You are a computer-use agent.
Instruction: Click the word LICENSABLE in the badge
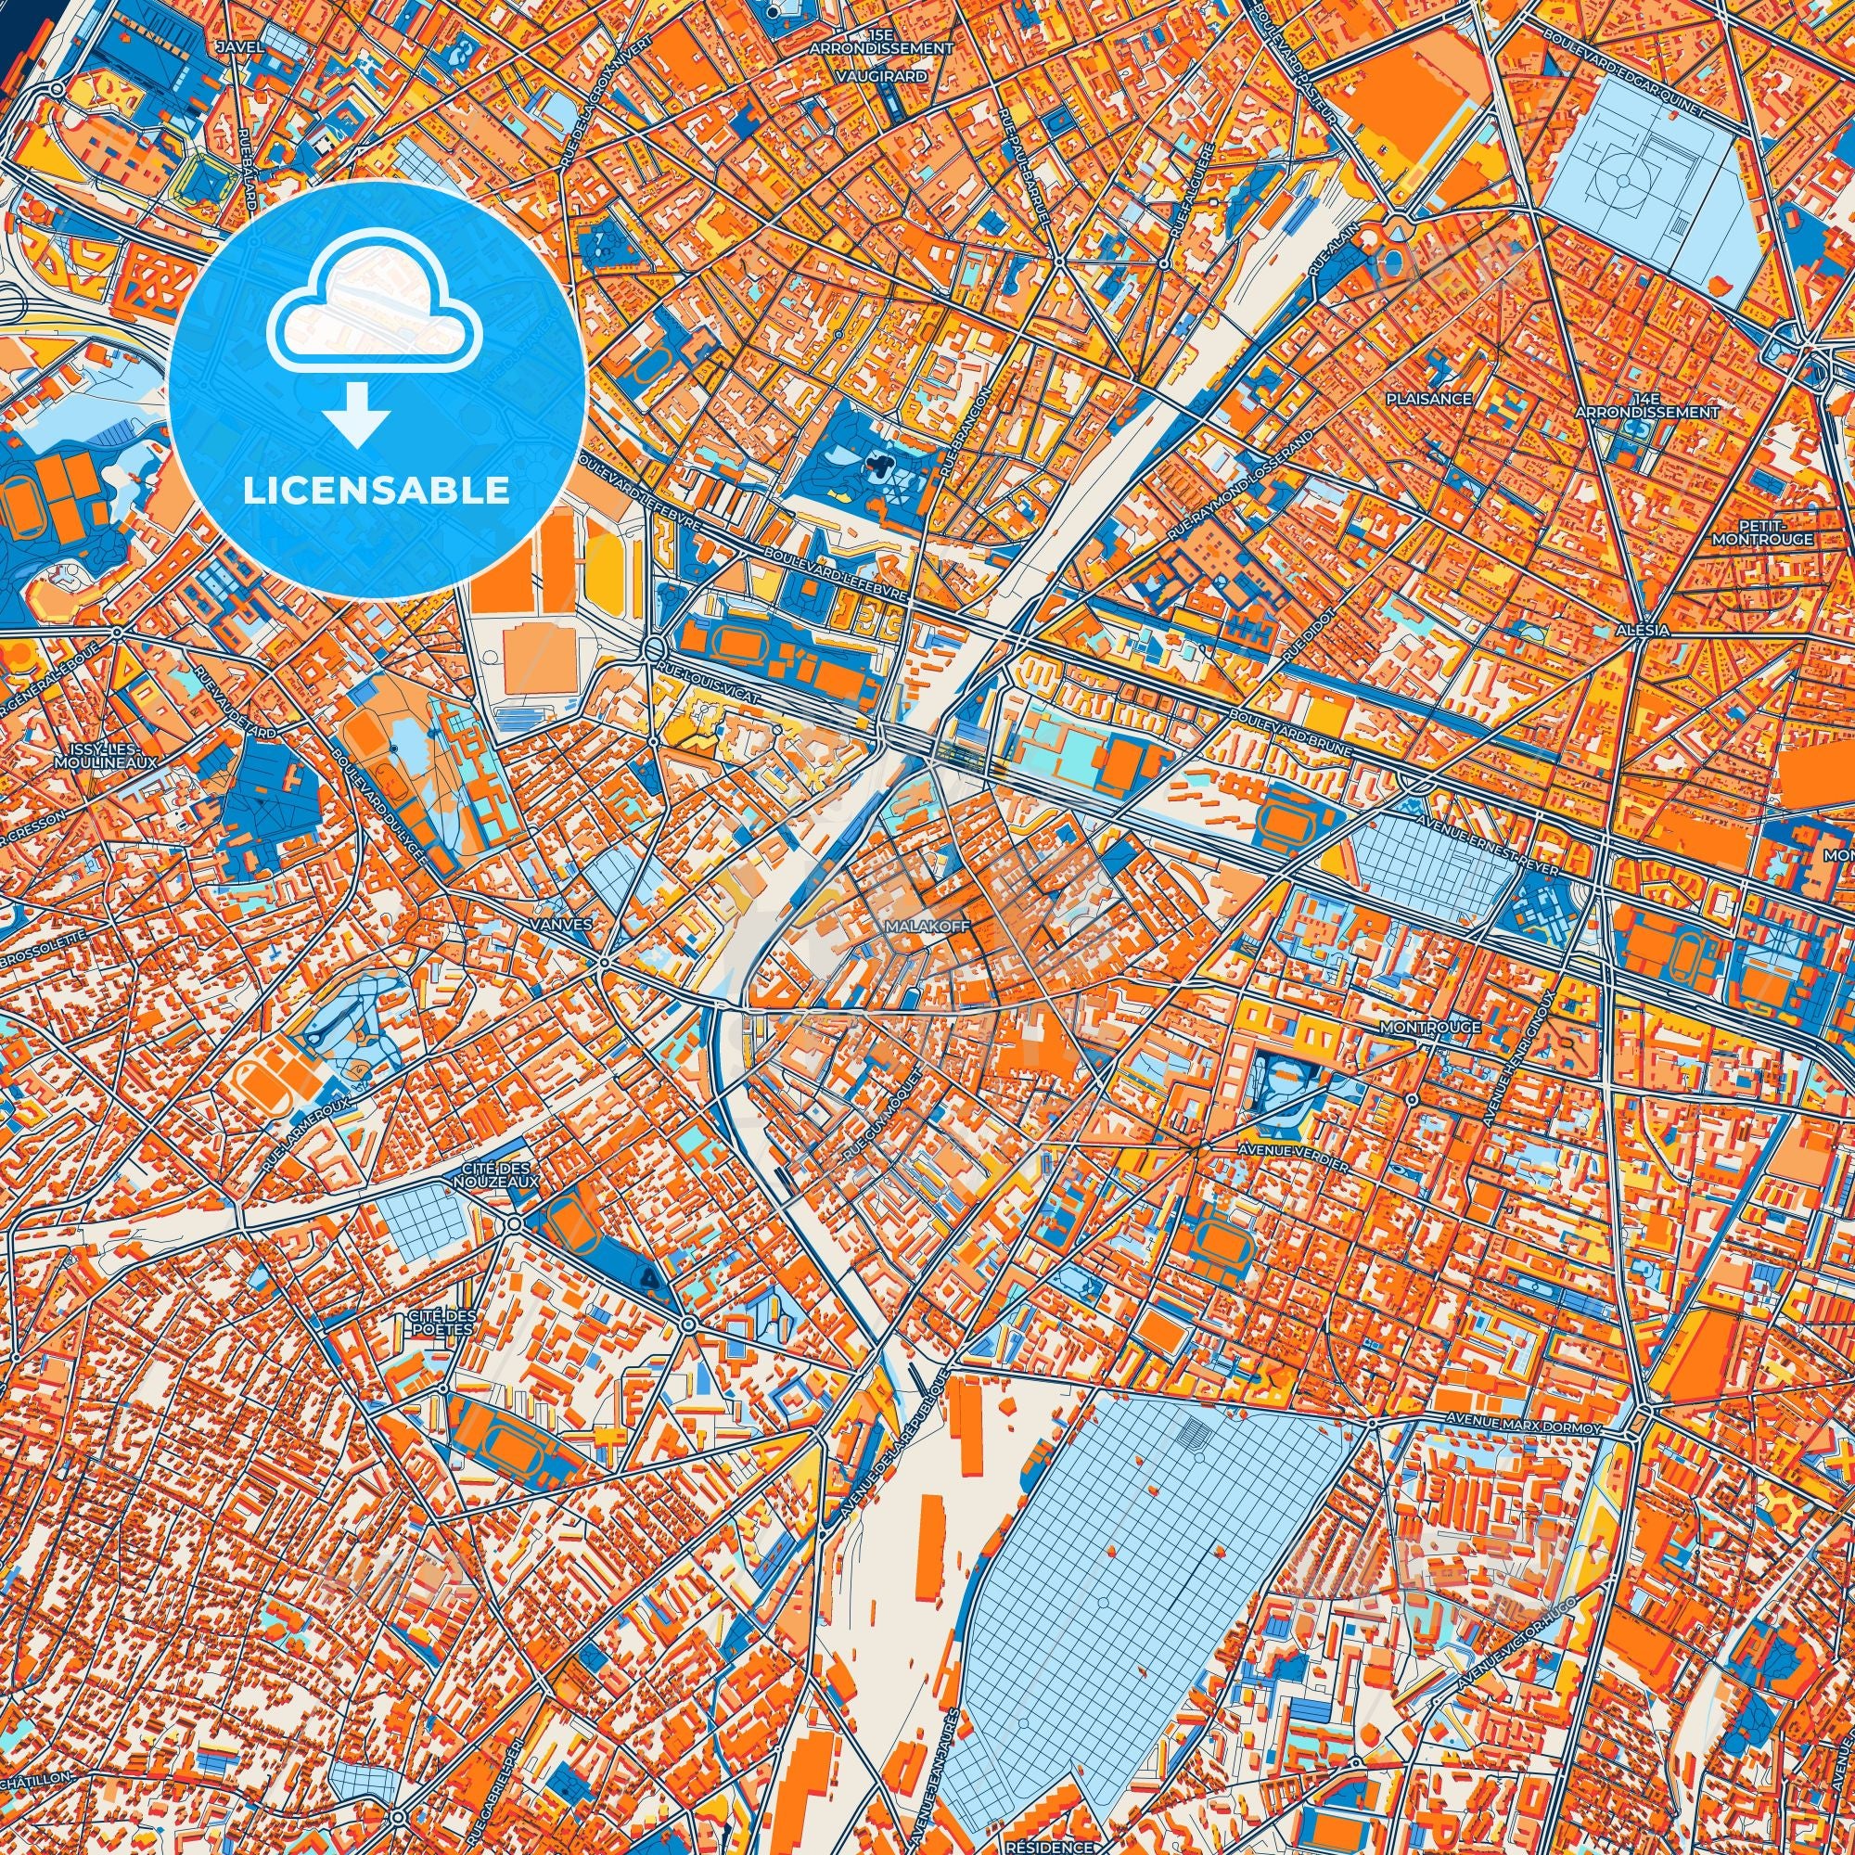coord(377,491)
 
